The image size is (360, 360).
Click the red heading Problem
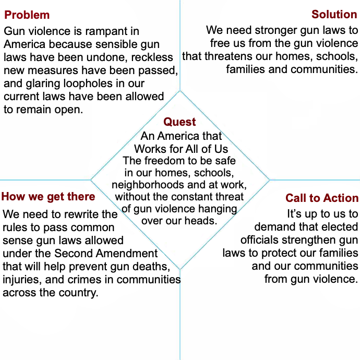27,15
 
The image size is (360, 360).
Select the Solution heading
334,14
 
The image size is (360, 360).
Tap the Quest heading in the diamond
179,122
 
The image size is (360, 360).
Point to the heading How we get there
48,197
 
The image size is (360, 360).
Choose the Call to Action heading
322,198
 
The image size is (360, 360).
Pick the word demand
274,227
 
